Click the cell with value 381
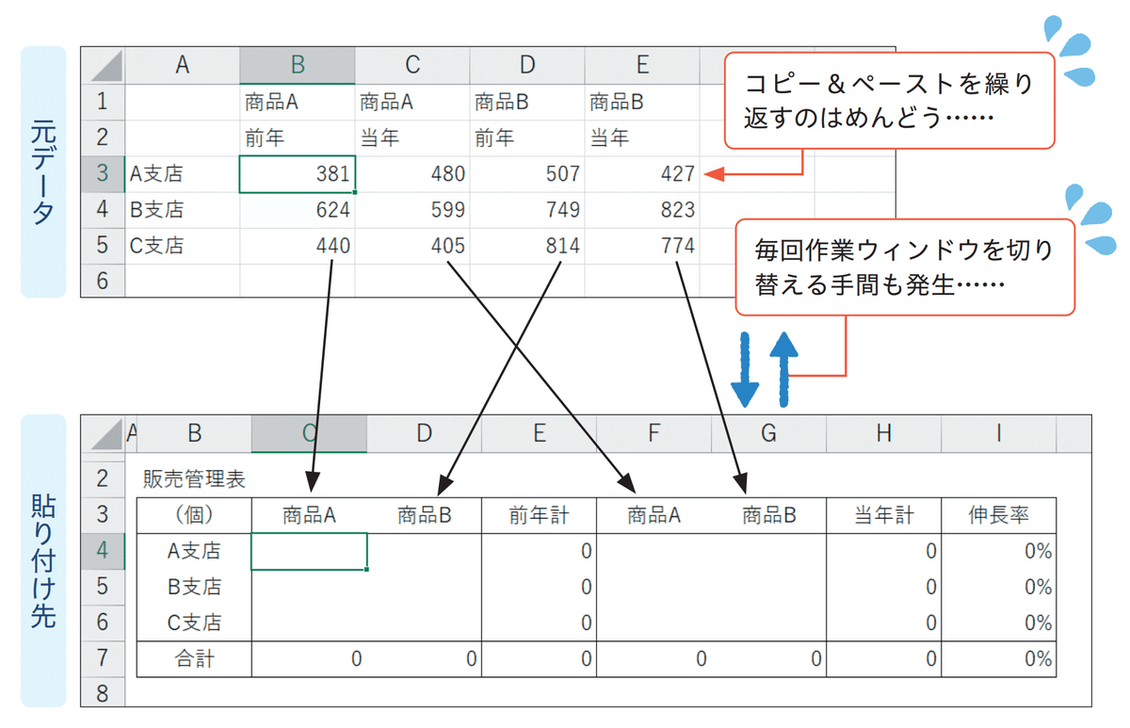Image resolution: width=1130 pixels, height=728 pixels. (x=298, y=174)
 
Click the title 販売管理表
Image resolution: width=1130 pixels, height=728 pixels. (x=194, y=478)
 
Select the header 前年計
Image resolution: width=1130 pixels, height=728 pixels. (x=539, y=515)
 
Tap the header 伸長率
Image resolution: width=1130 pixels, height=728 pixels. (x=998, y=515)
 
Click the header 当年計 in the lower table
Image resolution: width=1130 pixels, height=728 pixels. (x=883, y=515)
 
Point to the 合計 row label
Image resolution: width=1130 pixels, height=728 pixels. (x=194, y=658)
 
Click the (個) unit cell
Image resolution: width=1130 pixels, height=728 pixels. (x=194, y=515)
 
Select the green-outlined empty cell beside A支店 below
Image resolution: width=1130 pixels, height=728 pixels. (x=309, y=551)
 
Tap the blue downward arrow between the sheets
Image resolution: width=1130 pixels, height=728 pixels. (x=745, y=369)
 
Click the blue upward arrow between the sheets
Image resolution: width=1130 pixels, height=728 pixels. (x=783, y=369)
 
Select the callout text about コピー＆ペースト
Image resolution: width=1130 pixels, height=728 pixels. (x=888, y=101)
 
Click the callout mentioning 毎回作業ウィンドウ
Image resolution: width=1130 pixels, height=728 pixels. (x=903, y=267)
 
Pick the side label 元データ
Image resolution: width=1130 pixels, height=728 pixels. (x=43, y=171)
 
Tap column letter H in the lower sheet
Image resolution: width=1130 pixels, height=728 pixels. (x=883, y=433)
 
